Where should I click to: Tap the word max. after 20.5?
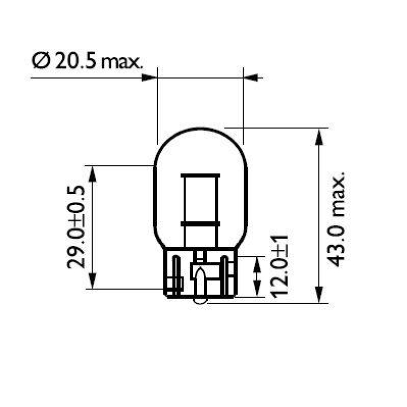122,62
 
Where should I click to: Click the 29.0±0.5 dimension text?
75,226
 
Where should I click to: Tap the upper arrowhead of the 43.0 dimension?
319,136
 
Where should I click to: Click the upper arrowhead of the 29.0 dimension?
92,174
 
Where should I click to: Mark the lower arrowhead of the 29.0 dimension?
92,281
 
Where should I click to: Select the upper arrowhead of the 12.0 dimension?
257,264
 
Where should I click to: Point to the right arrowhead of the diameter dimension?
252,78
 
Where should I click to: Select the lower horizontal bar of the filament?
200,224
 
